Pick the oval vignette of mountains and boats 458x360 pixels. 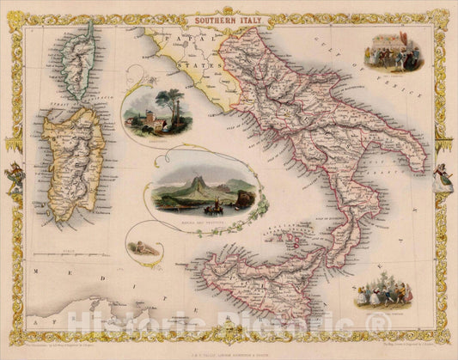(205, 192)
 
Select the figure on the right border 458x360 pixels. (443, 177)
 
